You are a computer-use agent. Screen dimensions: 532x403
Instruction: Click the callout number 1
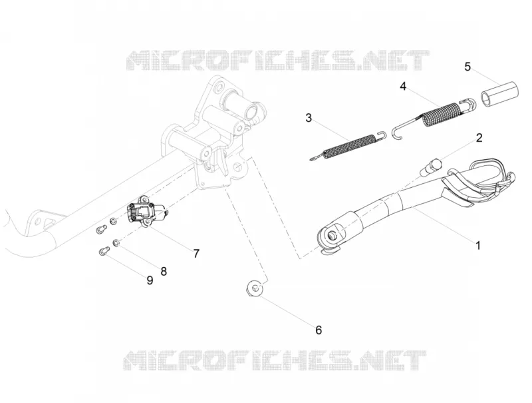tap(478, 245)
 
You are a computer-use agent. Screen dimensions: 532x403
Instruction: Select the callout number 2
tap(479, 138)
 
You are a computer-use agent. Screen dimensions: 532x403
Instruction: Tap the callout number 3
tap(309, 118)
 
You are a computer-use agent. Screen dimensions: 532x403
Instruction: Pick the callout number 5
tap(467, 67)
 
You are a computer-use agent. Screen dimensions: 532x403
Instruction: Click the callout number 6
tap(319, 330)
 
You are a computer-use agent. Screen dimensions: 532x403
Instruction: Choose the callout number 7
tap(196, 254)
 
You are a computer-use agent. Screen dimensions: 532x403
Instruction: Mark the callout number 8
tap(164, 271)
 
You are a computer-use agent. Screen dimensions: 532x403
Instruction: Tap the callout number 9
tap(150, 280)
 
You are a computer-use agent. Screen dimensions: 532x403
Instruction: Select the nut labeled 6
tap(254, 288)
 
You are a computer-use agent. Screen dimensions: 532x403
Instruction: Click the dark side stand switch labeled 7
tap(142, 212)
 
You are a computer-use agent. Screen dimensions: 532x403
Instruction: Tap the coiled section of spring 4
tap(442, 114)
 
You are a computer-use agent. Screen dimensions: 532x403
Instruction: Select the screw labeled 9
tap(103, 251)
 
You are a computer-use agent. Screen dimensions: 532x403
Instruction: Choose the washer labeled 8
tap(116, 242)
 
